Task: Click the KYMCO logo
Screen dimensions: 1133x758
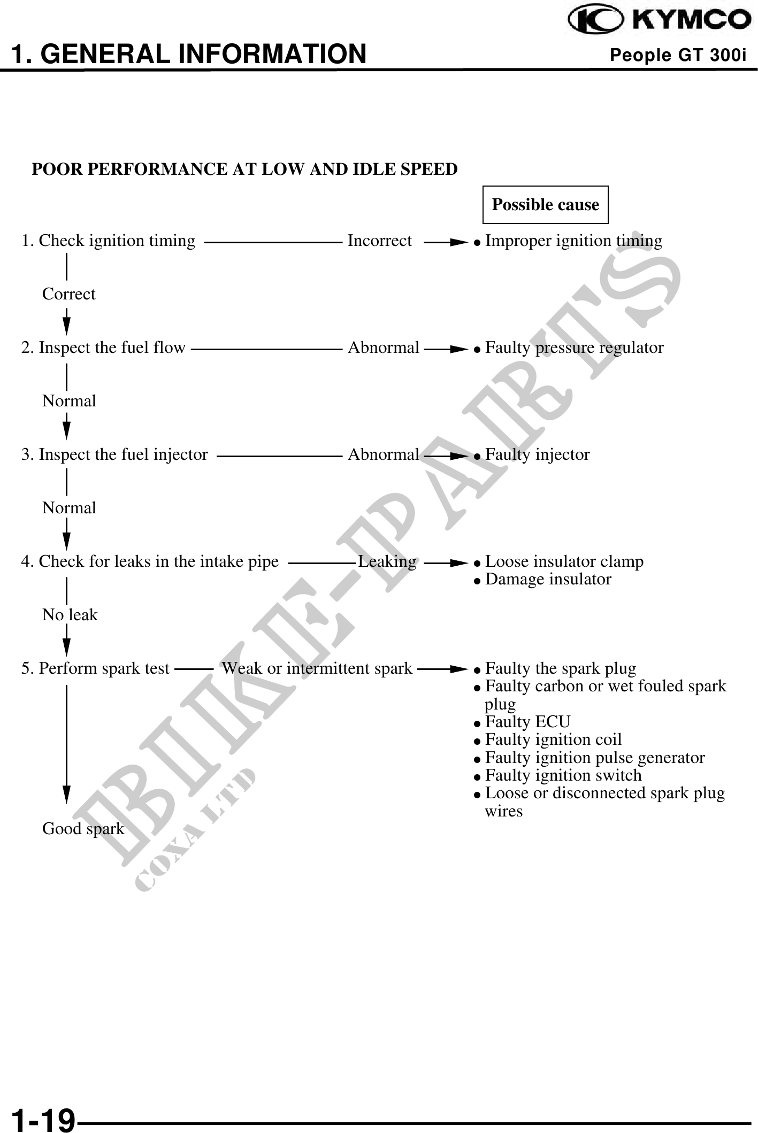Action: coord(659,21)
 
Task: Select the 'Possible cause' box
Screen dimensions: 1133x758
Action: coord(545,205)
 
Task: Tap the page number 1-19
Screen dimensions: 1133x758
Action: coord(43,1119)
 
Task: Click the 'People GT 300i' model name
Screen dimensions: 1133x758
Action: coord(678,55)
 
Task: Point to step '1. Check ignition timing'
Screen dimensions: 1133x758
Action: coord(108,241)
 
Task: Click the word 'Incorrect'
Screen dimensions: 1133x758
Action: coord(380,241)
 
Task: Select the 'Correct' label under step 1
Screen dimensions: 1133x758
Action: coord(68,294)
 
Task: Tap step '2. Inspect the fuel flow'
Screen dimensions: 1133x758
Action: coord(103,348)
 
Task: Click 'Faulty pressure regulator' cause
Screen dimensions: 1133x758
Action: coord(574,348)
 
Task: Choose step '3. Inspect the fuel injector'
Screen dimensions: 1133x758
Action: coord(114,455)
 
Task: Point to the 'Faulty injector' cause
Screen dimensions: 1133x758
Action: coord(537,455)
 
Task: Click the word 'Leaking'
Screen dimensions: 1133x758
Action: coord(387,562)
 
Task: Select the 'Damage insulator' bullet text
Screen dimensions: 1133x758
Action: coord(548,580)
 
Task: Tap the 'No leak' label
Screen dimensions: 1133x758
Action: coord(70,615)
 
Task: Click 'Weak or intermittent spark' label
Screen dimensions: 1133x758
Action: coord(317,669)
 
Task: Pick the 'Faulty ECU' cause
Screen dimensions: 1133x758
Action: coord(527,722)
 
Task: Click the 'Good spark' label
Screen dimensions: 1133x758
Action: coord(83,829)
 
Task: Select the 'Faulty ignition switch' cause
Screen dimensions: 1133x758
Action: coord(563,775)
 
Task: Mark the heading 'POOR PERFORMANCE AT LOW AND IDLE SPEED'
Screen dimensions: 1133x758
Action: coord(244,169)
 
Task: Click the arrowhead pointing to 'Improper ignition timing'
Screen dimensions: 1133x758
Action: coord(460,242)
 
